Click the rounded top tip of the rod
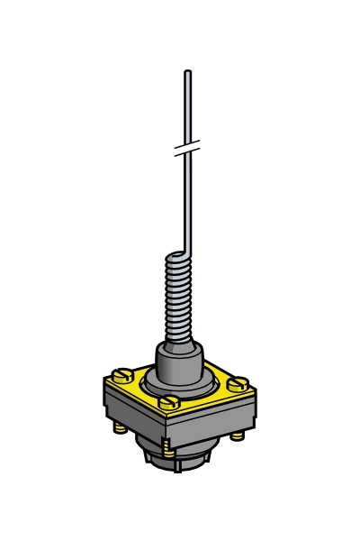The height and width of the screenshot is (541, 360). pyautogui.click(x=187, y=72)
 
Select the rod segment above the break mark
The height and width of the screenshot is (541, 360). pyautogui.click(x=186, y=108)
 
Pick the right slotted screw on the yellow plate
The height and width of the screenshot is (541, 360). pyautogui.click(x=240, y=383)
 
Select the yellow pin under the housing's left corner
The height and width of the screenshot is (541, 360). pyautogui.click(x=120, y=426)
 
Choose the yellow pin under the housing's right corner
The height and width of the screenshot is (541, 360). pyautogui.click(x=238, y=436)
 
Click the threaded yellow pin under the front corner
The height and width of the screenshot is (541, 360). pyautogui.click(x=168, y=445)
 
